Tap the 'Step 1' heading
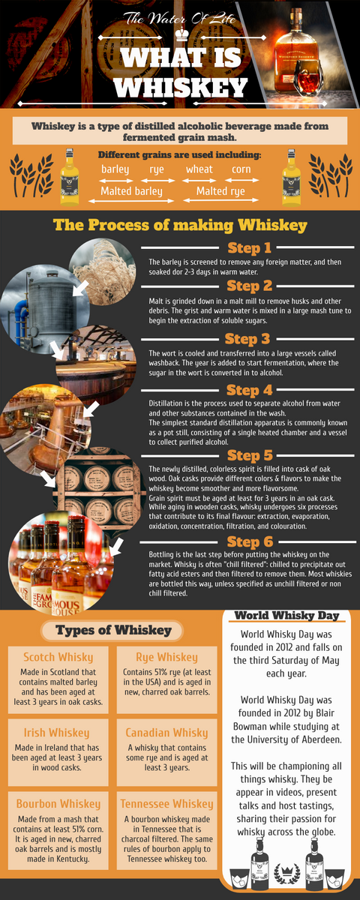(x=249, y=248)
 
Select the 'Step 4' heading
(x=249, y=390)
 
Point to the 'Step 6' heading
(x=250, y=541)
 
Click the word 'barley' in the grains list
(x=115, y=169)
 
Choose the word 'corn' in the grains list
(x=241, y=169)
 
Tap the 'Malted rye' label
(x=220, y=191)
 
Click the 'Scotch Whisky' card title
(x=58, y=657)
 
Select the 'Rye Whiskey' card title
(x=166, y=657)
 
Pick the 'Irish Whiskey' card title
(x=56, y=733)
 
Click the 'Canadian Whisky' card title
(x=166, y=733)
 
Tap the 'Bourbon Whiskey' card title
(x=58, y=804)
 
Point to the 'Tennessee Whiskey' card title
(x=166, y=804)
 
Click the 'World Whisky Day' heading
(x=286, y=616)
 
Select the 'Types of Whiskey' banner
(x=112, y=631)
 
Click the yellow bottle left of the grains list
(x=70, y=177)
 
